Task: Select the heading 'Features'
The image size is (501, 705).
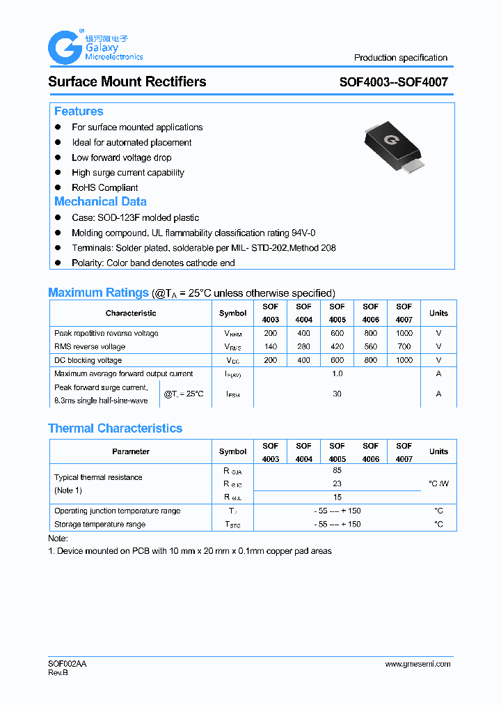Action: [x=79, y=111]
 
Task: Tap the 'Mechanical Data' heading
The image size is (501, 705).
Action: [x=100, y=201]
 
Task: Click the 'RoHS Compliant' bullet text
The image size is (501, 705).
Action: [x=104, y=187]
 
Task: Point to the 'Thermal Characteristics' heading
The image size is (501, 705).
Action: [x=115, y=428]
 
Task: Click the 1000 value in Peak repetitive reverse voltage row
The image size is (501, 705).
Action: [x=404, y=333]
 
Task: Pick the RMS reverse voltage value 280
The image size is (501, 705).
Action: [x=303, y=346]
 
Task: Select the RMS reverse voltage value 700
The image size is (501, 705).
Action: [x=404, y=346]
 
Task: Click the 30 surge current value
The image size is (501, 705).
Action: [x=337, y=394]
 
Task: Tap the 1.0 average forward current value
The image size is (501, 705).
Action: [x=337, y=374]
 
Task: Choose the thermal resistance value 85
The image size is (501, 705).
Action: [x=337, y=470]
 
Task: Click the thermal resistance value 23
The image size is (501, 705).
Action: [x=337, y=483]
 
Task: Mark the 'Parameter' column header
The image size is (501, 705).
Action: [x=131, y=451]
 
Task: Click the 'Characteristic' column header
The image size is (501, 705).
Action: [x=131, y=313]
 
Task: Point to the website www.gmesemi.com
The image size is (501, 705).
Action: [x=417, y=664]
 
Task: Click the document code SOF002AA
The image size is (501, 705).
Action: [x=67, y=664]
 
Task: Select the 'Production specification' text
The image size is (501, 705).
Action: [x=400, y=58]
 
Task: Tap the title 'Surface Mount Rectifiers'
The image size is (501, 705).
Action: [x=127, y=82]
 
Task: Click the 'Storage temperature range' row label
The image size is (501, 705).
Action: [x=100, y=524]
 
